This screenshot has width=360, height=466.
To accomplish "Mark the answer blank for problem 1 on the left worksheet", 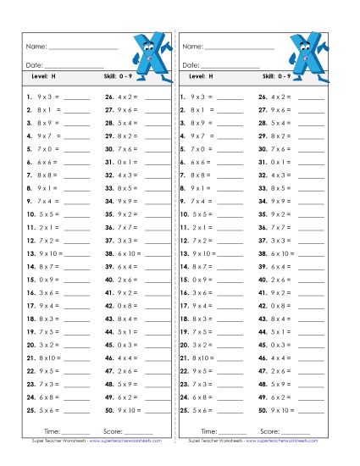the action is tap(76, 98).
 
